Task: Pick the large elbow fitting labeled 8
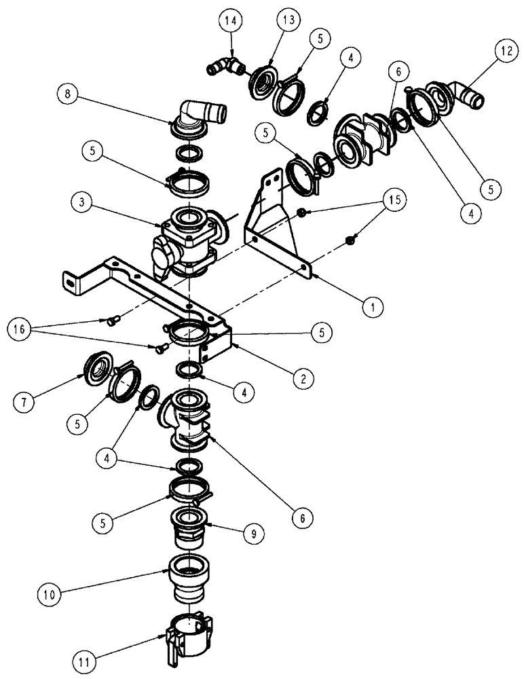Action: coord(201,114)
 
